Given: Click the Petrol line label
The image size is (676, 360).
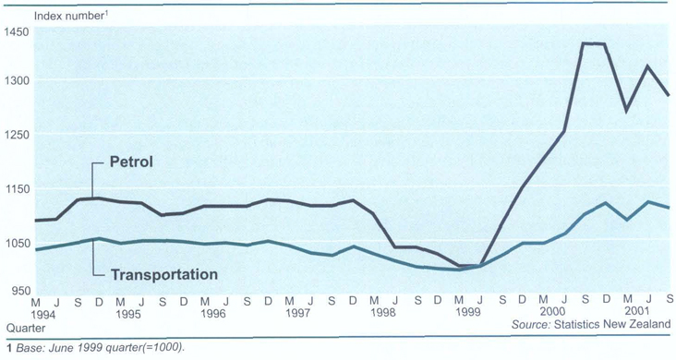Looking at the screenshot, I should [130, 162].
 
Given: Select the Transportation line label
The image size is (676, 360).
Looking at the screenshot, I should [163, 274].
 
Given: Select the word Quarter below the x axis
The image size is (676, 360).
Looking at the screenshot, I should [24, 327].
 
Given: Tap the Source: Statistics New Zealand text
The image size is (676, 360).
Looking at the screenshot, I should [590, 326].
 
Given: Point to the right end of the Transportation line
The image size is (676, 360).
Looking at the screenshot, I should [669, 208].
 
